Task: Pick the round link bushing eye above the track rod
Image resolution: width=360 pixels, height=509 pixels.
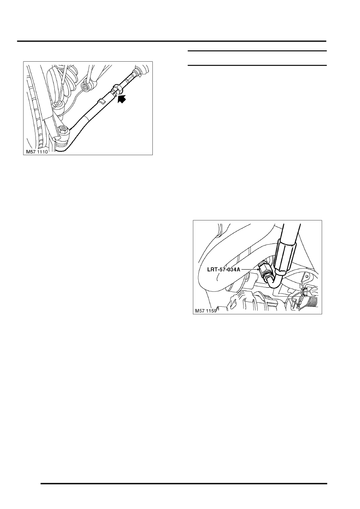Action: [86, 86]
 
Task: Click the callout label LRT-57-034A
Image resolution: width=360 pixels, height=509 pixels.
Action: [220, 268]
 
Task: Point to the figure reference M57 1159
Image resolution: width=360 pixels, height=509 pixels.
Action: [206, 311]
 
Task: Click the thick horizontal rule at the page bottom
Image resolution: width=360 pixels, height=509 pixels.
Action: [184, 483]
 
